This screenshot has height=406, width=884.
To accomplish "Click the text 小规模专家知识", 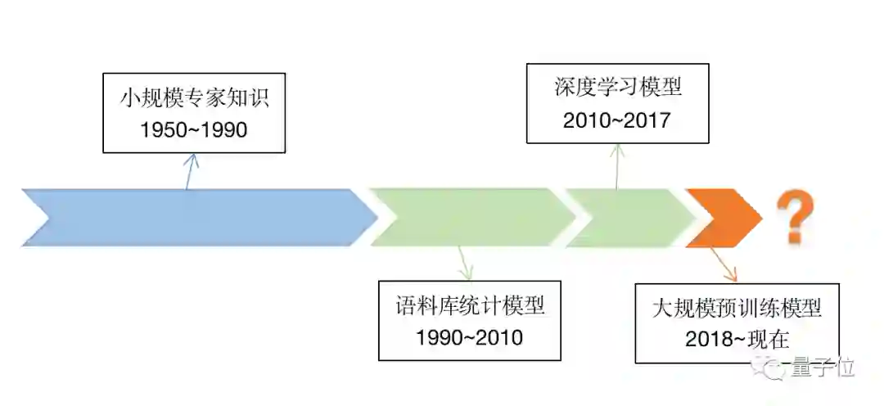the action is (x=194, y=100).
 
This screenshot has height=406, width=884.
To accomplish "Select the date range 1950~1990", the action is (x=194, y=130).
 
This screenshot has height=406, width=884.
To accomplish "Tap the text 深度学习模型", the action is (x=617, y=88).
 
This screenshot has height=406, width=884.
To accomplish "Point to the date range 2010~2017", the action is (x=617, y=120).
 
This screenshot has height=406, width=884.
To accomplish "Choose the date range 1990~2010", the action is (x=469, y=336).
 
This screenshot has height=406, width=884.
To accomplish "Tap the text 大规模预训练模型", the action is (x=737, y=309).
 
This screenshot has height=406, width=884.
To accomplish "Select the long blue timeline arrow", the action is (x=196, y=217).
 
